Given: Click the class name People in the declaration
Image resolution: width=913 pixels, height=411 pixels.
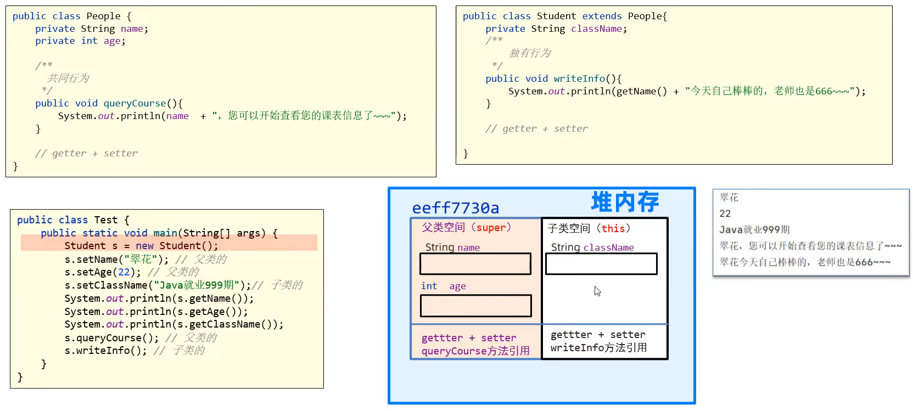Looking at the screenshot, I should [103, 16].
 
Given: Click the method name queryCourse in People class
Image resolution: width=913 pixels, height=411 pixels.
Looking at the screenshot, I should [135, 103].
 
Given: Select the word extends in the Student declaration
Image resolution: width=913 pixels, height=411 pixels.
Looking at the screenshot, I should [602, 16].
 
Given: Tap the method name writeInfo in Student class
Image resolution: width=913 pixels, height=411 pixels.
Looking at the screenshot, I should [579, 78].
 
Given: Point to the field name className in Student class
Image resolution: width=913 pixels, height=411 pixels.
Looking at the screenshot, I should [596, 29].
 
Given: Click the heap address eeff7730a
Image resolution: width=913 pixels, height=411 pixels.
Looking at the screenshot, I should [455, 208].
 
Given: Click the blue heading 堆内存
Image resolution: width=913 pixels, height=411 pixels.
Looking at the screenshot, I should [625, 202].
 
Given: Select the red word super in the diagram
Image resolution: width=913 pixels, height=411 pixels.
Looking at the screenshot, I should [491, 228].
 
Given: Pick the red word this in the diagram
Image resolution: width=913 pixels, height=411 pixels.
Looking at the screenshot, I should [613, 228].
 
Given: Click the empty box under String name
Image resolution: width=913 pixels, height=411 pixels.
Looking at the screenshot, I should [475, 264].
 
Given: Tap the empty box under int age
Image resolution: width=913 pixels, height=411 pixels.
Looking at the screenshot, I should [475, 306].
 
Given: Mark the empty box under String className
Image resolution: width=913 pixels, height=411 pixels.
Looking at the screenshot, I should [601, 264].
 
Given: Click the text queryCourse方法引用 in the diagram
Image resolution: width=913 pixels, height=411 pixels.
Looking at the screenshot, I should [475, 351].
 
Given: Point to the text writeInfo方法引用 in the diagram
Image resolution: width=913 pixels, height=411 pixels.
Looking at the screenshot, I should [598, 347].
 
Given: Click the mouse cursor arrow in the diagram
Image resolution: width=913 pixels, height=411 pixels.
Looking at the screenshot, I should [597, 291].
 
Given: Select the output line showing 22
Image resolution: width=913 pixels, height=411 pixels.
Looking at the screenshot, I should [725, 213].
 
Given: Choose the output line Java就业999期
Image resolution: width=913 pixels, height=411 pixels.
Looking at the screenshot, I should [754, 229].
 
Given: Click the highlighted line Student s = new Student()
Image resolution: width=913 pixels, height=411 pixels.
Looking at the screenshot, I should [141, 246].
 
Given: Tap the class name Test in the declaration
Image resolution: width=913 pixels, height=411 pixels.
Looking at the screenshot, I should [105, 220].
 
